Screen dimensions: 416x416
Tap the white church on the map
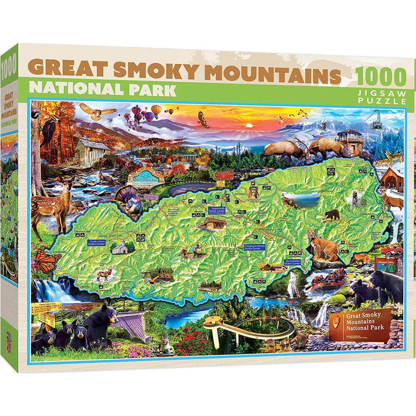[x=119, y=247]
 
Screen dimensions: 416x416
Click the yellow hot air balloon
[x=156, y=110]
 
